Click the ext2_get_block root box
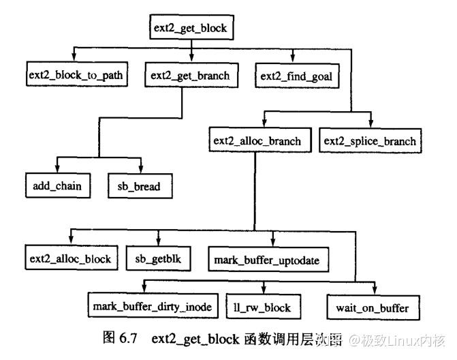(192, 28)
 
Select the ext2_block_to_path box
(76, 75)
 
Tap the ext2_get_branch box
(192, 75)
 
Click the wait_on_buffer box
(373, 307)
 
